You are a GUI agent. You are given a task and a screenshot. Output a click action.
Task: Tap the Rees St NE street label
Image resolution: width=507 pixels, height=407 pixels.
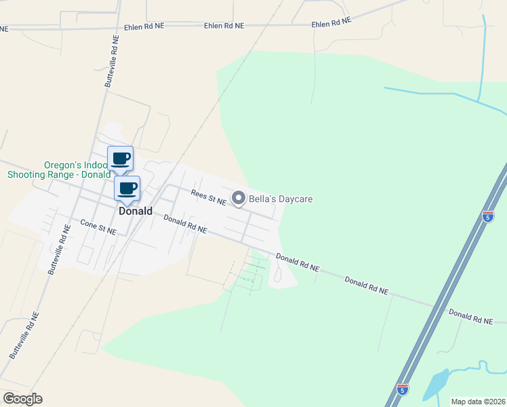click(x=207, y=197)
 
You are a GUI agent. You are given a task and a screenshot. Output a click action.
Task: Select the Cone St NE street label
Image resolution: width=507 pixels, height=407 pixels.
click(x=98, y=227)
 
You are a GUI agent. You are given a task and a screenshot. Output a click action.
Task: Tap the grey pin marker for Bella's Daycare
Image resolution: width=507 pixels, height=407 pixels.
click(x=238, y=198)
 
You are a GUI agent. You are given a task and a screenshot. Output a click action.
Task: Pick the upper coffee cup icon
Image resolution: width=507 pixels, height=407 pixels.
click(x=121, y=159)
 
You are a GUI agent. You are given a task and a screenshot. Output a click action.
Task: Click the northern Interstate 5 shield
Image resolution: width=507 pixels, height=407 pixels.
click(x=488, y=216)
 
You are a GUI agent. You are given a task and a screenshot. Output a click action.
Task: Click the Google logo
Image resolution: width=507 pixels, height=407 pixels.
click(x=22, y=399)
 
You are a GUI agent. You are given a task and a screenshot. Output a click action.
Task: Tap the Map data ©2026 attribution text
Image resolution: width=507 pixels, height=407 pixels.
click(x=478, y=402)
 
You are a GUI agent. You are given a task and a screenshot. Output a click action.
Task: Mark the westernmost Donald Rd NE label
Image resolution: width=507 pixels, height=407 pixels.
click(x=185, y=225)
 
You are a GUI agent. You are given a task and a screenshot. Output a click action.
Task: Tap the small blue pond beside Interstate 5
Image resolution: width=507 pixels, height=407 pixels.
click(x=435, y=385)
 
